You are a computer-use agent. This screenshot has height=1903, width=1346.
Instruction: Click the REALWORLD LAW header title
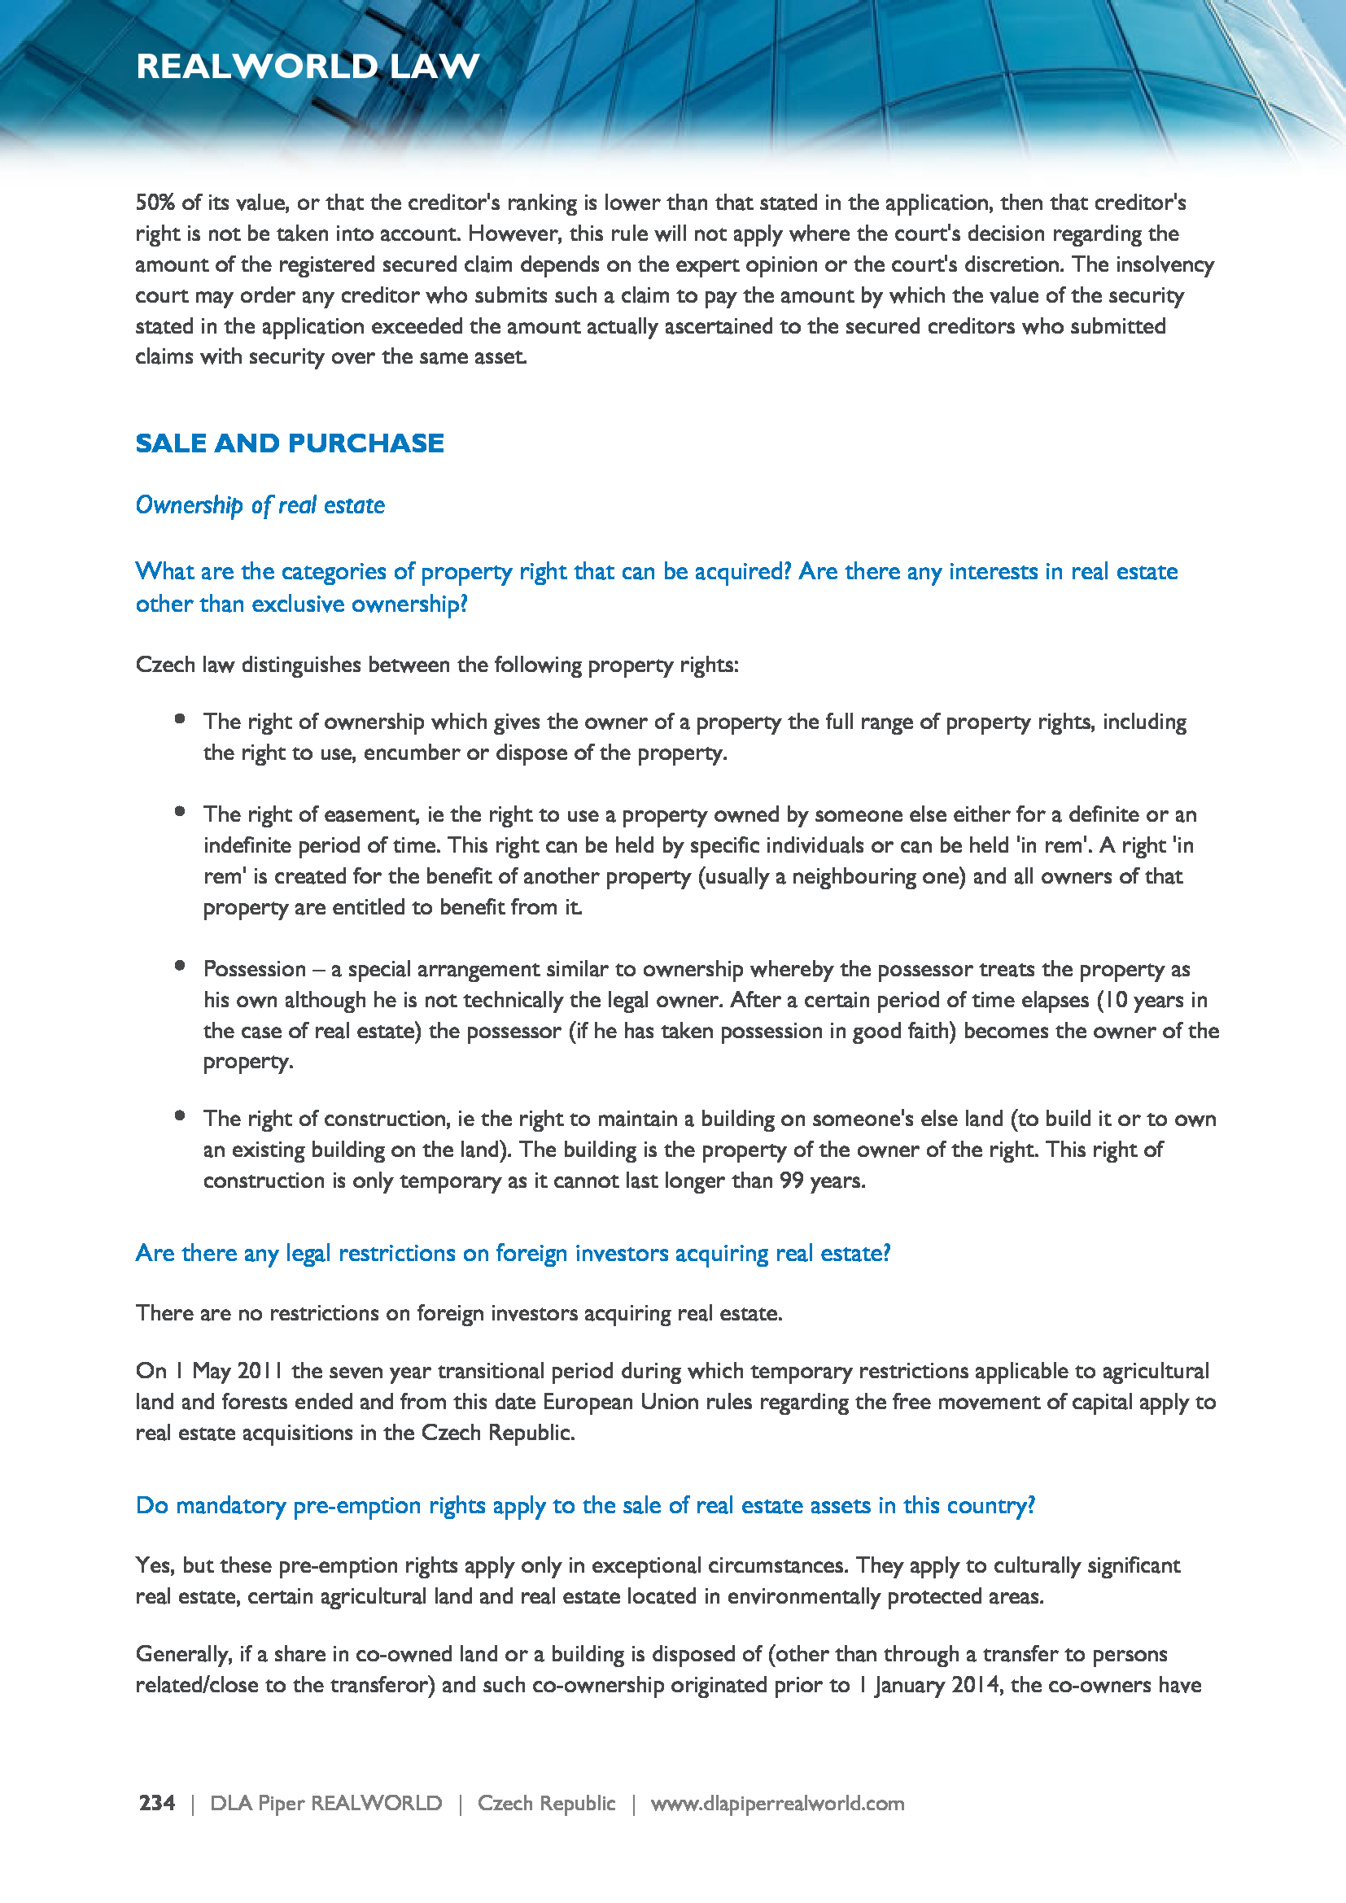308,66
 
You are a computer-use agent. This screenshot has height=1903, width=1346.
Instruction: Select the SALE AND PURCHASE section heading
289,443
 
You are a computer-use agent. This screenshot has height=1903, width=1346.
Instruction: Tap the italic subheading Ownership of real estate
260,504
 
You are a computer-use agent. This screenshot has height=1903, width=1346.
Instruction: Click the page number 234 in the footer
156,1803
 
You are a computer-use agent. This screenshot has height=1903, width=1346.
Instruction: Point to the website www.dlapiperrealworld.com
776,1803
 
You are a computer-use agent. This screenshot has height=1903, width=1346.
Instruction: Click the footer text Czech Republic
546,1803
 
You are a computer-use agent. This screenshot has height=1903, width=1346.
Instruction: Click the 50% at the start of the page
155,203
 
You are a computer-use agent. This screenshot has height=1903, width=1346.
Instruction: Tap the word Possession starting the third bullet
255,969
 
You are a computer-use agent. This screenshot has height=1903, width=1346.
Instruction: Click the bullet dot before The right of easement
180,812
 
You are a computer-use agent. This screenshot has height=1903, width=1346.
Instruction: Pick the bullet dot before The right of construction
180,1116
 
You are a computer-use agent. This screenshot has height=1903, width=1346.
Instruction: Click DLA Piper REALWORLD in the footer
326,1803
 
